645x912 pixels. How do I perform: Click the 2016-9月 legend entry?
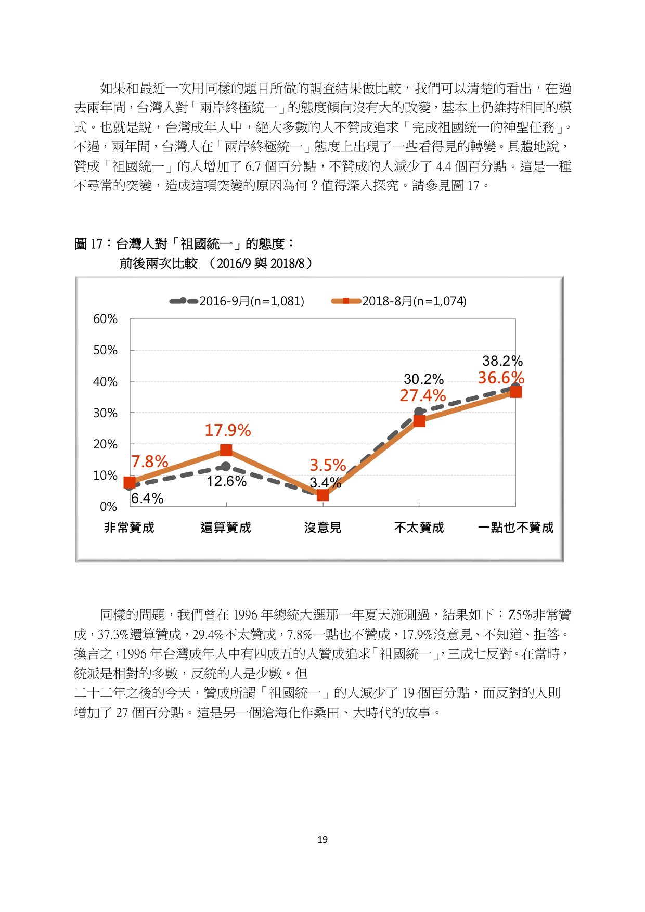237,301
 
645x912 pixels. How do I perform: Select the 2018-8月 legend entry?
399,301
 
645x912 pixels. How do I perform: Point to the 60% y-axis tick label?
105,319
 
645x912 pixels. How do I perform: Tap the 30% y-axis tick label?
105,413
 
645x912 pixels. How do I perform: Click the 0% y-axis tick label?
108,507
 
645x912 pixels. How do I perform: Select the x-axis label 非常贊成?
130,528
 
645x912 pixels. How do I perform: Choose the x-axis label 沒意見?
322,528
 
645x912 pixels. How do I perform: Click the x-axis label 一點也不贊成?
515,528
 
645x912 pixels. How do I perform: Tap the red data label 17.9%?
228,430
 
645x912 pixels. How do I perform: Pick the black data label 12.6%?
227,481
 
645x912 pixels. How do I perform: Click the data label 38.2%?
502,361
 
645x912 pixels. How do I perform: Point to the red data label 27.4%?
423,396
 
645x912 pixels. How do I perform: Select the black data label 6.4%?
147,498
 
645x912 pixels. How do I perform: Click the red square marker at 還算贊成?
226,450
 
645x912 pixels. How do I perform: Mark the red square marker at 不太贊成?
419,421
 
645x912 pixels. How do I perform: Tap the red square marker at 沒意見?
322,495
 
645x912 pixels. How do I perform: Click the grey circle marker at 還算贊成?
226,467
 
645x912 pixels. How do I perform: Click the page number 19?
322,840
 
